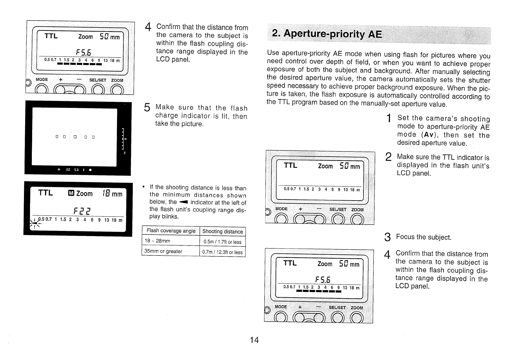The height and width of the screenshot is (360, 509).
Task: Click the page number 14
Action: point(254,340)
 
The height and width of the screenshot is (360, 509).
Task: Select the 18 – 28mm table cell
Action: point(157,241)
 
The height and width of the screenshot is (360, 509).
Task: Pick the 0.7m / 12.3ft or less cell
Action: point(223,252)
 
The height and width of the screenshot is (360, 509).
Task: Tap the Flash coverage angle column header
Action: point(171,231)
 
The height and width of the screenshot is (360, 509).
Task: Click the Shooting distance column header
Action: point(223,232)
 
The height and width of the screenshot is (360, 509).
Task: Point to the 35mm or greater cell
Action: point(163,252)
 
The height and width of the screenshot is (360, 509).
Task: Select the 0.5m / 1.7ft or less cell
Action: point(223,242)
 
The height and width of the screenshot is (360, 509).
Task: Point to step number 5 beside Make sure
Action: point(147,108)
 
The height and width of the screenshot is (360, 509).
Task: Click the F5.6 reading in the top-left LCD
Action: point(79,52)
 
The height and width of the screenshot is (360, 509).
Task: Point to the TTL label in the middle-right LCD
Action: point(290,166)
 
